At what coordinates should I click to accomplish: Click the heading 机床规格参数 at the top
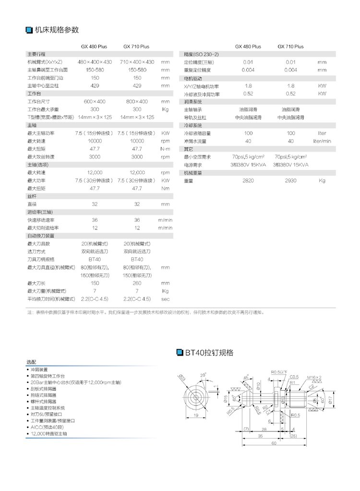point(57,30)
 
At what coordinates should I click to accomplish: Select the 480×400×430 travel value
point(95,62)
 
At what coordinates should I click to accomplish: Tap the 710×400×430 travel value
point(137,62)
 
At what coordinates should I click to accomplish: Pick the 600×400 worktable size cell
point(95,102)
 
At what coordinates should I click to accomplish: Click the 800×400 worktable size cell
point(137,102)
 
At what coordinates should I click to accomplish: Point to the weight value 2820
point(248,180)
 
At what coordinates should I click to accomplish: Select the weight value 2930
point(290,180)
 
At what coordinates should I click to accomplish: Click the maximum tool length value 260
point(137,283)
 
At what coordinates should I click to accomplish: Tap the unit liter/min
point(322,141)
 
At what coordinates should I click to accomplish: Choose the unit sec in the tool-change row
point(166,299)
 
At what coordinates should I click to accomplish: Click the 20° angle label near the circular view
point(203,374)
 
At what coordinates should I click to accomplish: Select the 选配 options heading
point(31,361)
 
